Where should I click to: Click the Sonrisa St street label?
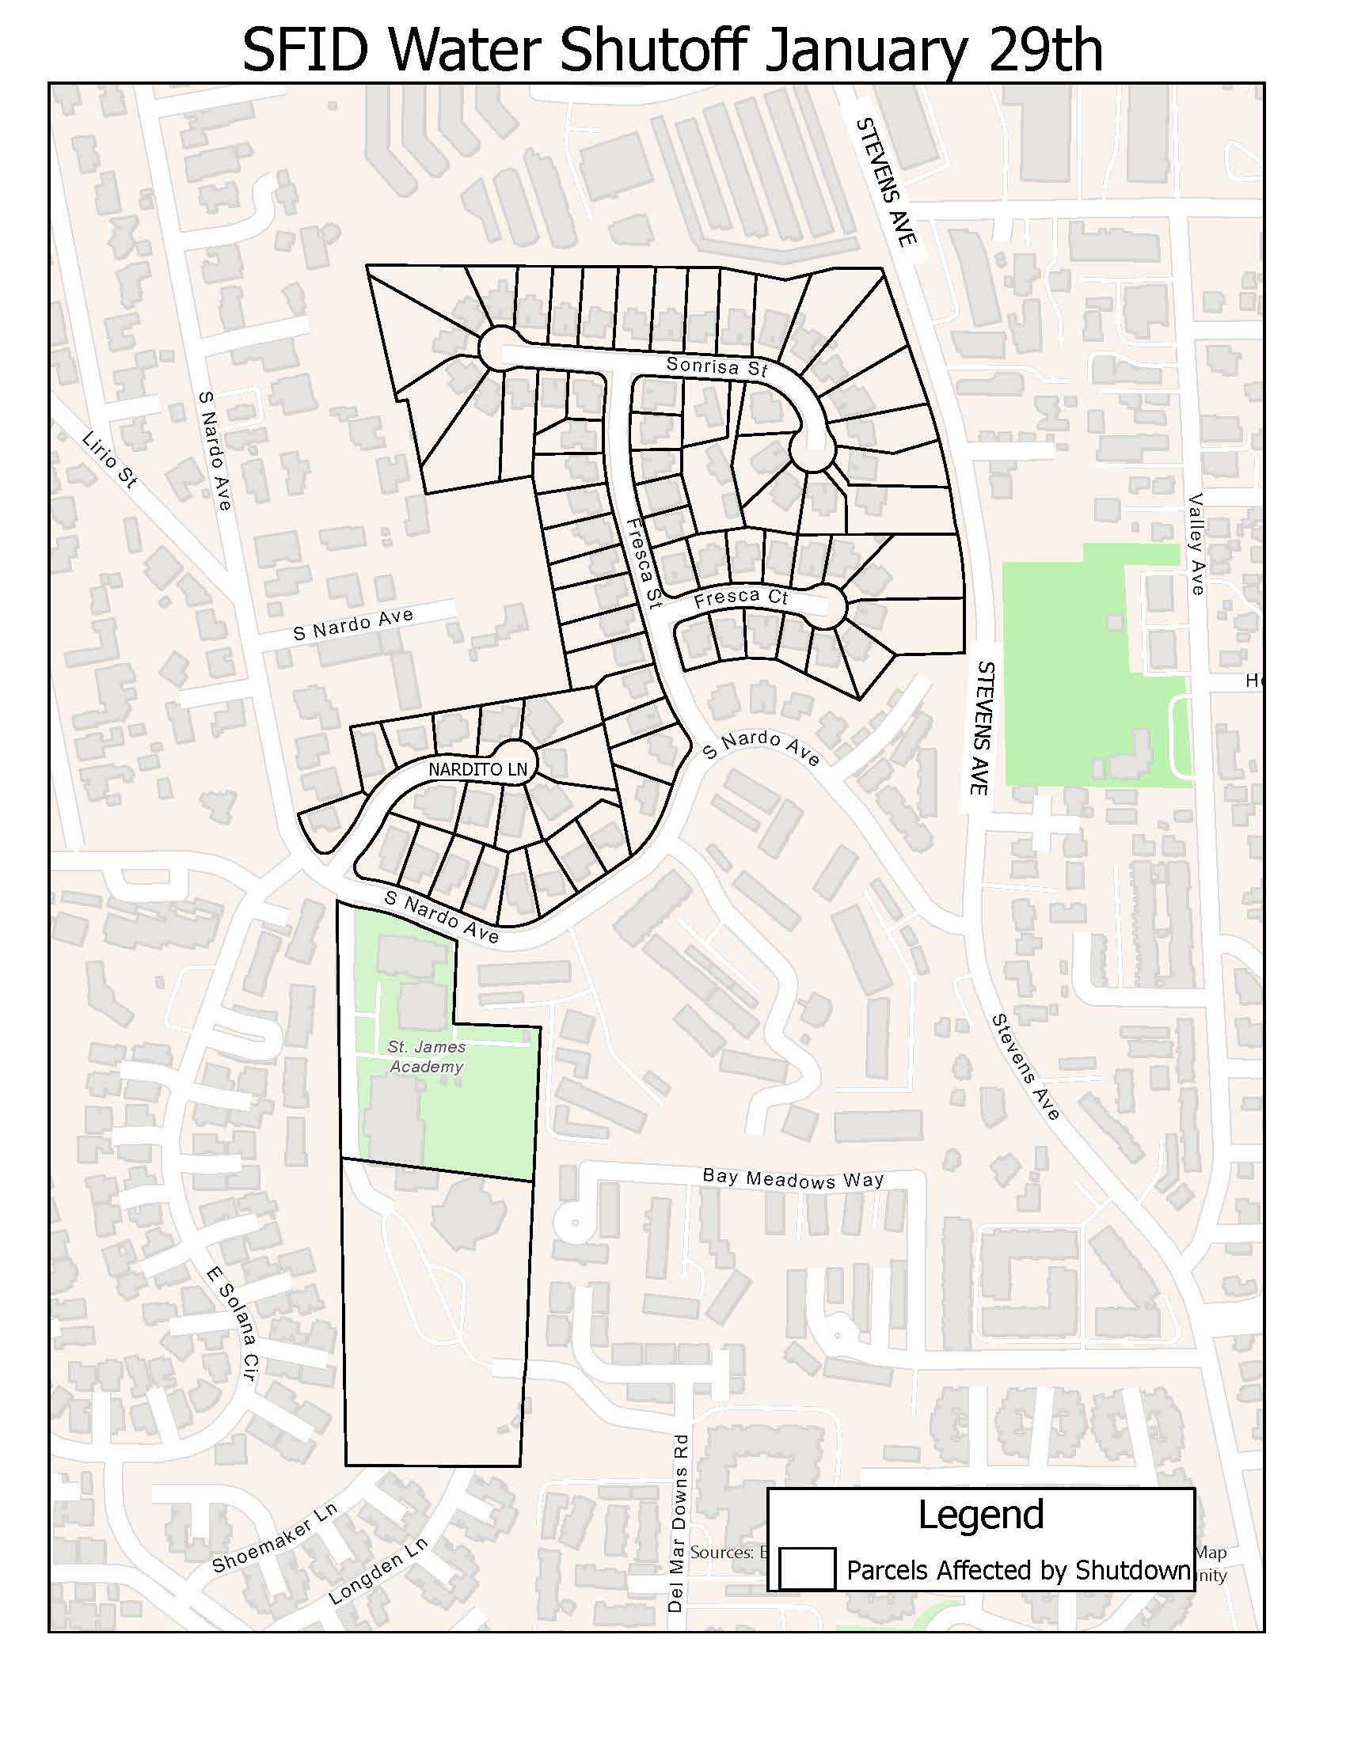(x=716, y=366)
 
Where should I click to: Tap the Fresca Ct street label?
(x=741, y=599)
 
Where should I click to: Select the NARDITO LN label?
(x=477, y=769)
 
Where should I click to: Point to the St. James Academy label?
(x=427, y=1056)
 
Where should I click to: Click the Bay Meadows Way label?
(x=793, y=1179)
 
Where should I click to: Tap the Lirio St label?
(x=110, y=460)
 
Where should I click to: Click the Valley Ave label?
(x=1197, y=544)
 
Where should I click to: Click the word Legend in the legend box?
(x=980, y=1514)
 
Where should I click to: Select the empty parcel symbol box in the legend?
(x=806, y=1568)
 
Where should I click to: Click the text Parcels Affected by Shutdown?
(x=1017, y=1569)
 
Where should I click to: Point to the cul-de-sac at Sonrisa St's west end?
(x=500, y=348)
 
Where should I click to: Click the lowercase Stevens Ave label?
(x=1025, y=1068)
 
